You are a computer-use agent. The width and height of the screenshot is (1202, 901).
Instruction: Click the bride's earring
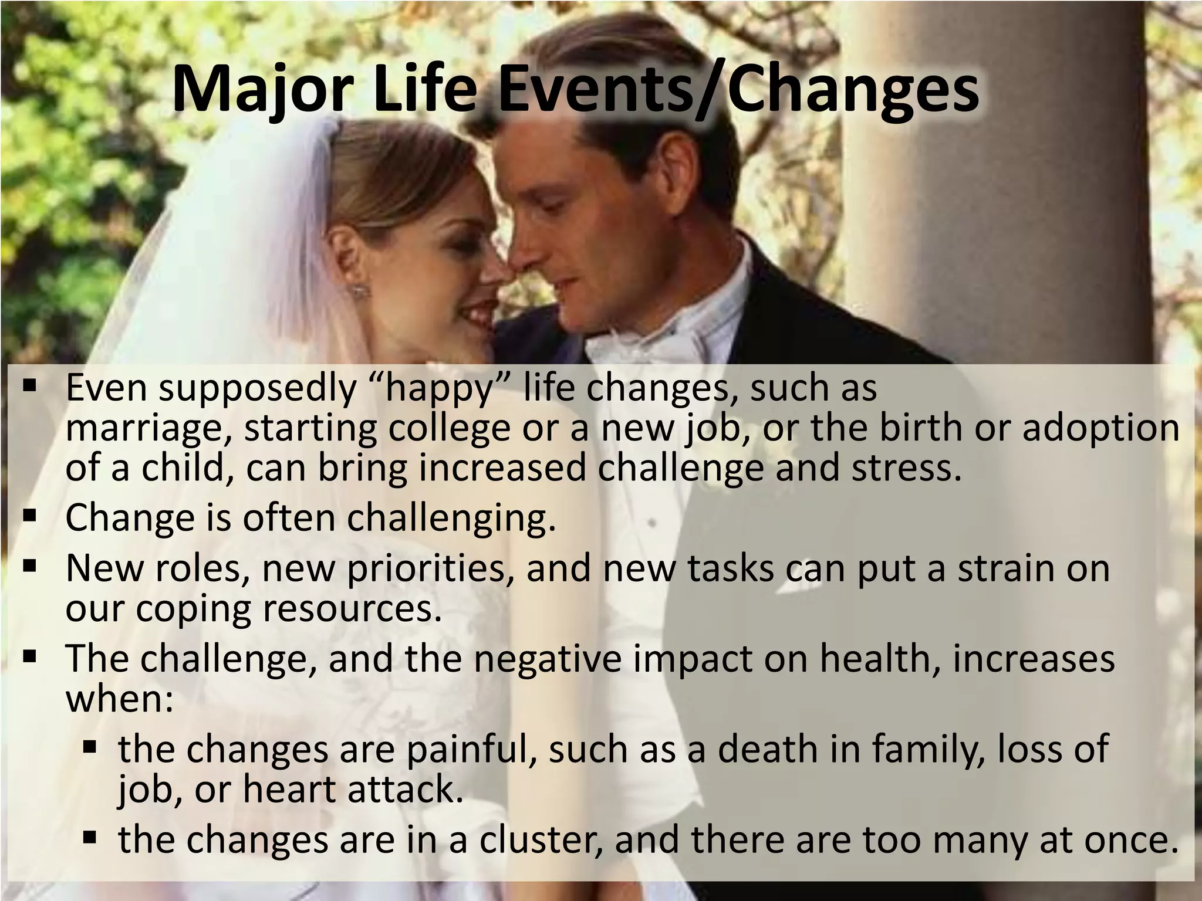click(x=357, y=290)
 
